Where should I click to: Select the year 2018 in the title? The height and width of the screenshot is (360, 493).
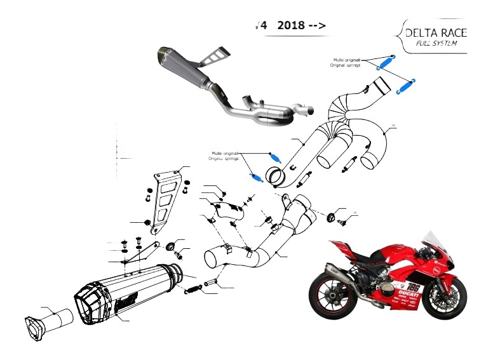(x=292, y=26)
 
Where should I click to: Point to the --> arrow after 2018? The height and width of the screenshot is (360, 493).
(x=318, y=26)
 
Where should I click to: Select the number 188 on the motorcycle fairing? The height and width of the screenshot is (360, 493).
(x=413, y=286)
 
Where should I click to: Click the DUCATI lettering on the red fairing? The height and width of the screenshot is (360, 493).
(x=410, y=296)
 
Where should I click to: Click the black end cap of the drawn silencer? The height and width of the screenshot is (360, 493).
(x=95, y=305)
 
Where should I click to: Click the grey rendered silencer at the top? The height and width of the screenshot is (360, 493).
(x=187, y=70)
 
